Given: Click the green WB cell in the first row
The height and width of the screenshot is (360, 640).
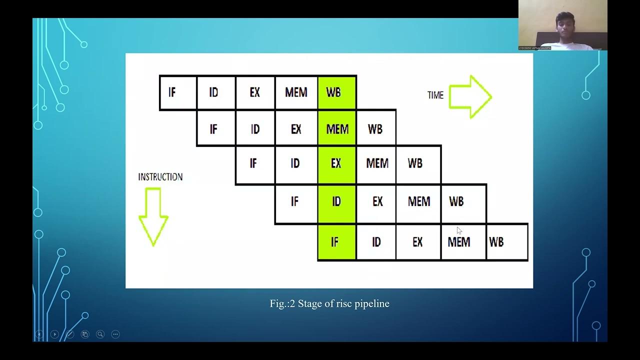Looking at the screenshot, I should tap(336, 92).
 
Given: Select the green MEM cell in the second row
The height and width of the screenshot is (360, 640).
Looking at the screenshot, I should tap(336, 129).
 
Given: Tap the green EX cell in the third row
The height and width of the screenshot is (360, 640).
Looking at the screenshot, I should tap(336, 163).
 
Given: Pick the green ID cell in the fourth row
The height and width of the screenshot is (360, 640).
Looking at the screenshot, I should tap(336, 201).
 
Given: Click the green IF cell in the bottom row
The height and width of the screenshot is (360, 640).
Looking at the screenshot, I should tap(336, 242).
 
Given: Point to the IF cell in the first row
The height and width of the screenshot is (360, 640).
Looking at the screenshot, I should tap(177, 92).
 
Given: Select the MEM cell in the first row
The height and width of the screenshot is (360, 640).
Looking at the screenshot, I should tap(296, 92).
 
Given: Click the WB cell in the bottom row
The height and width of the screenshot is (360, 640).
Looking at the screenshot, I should tap(506, 242).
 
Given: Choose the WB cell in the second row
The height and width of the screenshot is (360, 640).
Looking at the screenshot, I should tap(375, 129).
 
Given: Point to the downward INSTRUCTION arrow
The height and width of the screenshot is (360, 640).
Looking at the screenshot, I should tap(153, 216).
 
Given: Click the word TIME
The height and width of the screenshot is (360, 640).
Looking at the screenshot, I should tap(435, 95).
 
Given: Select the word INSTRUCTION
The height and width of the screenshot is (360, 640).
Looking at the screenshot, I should tap(160, 177).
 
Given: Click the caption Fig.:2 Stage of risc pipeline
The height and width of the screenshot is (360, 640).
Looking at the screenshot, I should tap(329, 303).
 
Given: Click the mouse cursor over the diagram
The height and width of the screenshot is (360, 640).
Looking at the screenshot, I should tap(459, 230).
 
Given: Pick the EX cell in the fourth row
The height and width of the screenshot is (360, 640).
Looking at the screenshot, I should tap(377, 201).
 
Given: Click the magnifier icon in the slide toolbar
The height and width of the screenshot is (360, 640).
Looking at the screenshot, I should tap(100, 334).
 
